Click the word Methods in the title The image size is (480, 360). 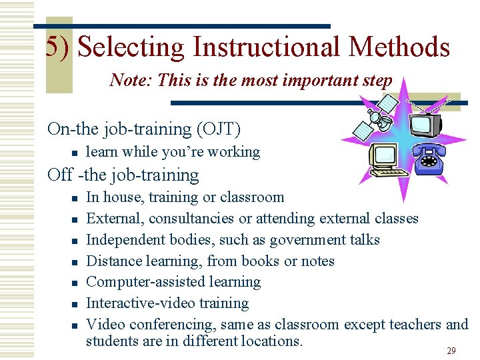click(x=399, y=47)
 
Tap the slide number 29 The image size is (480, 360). click(x=451, y=351)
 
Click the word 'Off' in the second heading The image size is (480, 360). click(x=60, y=175)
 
